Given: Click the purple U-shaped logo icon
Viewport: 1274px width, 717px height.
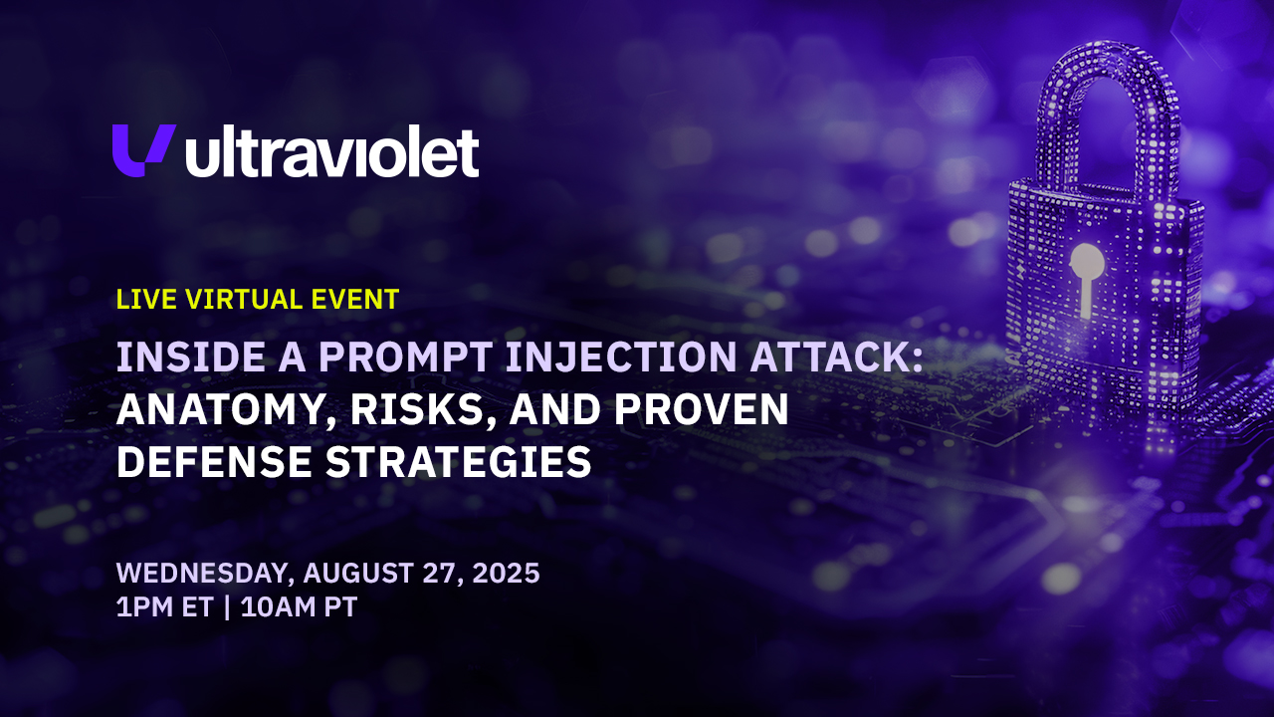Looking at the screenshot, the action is (143, 150).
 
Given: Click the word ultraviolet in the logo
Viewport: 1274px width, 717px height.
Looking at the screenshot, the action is (332, 152).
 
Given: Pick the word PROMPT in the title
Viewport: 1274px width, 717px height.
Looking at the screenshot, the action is (405, 357).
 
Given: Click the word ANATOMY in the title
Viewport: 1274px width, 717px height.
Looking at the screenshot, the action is (220, 409).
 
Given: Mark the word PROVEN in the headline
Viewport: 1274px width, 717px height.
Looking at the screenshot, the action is (702, 409).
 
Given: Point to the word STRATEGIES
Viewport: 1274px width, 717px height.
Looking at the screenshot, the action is (459, 461).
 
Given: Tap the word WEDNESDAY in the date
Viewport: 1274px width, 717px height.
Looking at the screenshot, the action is (202, 573).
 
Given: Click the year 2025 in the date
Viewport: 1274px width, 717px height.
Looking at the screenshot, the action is (506, 573).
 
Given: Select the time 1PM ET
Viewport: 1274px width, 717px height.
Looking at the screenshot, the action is (164, 606).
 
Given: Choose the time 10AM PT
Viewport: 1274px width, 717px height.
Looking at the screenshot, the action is (300, 606).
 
